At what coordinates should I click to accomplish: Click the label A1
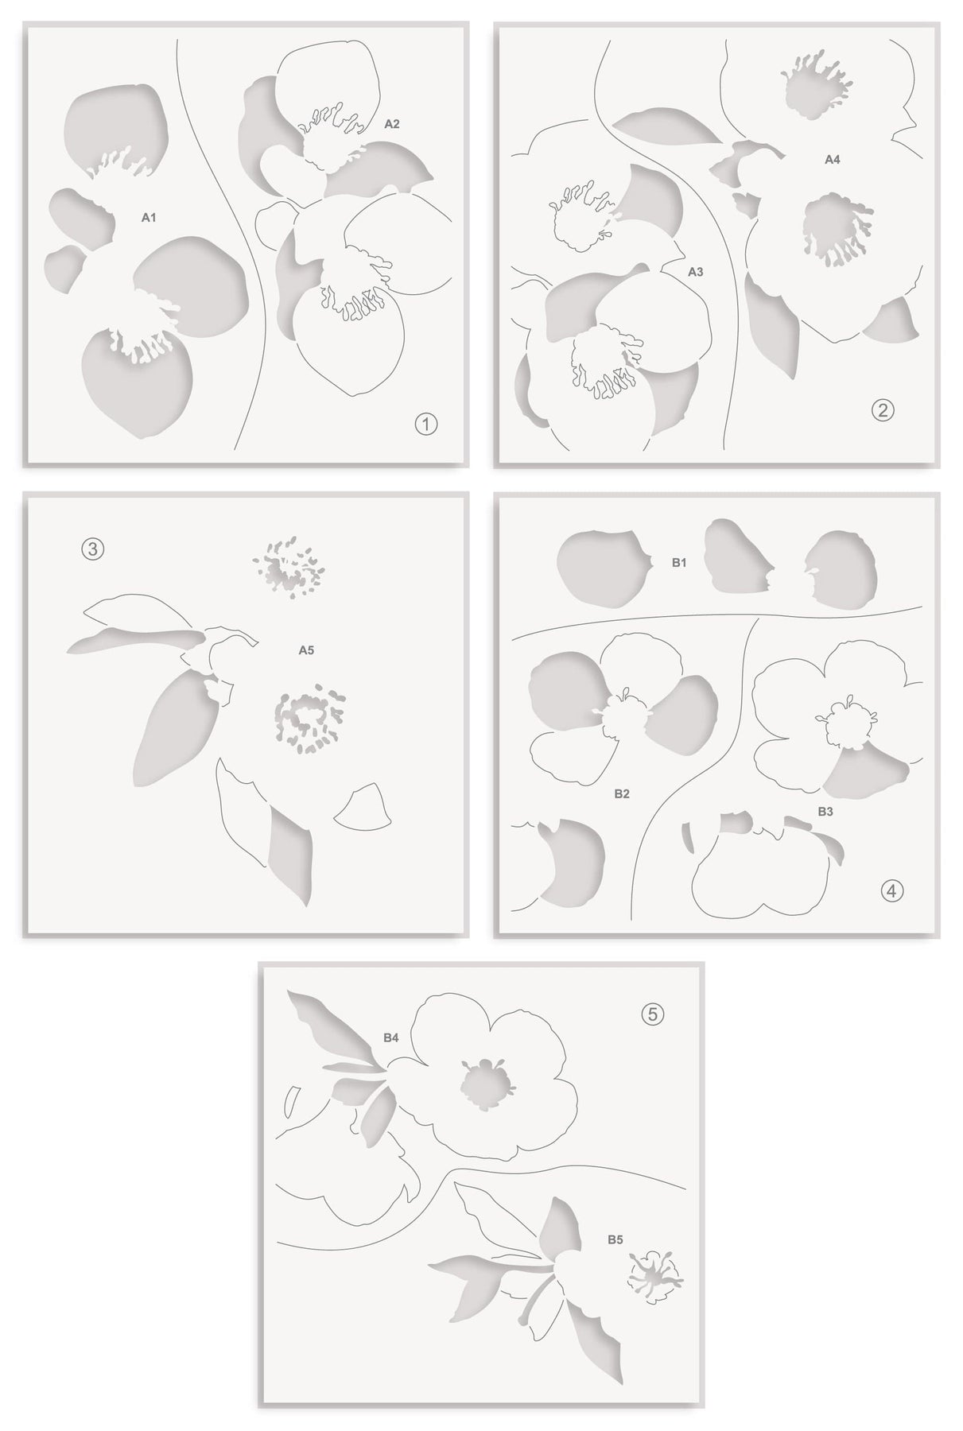148,216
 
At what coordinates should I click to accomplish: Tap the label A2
392,124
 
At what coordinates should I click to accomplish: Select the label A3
695,272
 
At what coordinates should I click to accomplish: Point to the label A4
832,160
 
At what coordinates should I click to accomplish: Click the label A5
306,650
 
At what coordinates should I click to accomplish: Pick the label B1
678,563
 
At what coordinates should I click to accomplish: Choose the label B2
622,793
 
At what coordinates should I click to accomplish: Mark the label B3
825,812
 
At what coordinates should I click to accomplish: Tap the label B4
390,1037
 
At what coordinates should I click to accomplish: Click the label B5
615,1239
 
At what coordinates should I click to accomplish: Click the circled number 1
426,425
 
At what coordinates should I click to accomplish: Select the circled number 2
883,410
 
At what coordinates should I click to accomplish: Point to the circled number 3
93,549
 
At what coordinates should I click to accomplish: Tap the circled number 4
892,891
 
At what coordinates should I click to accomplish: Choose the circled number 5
653,1014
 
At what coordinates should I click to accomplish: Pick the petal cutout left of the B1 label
603,565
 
